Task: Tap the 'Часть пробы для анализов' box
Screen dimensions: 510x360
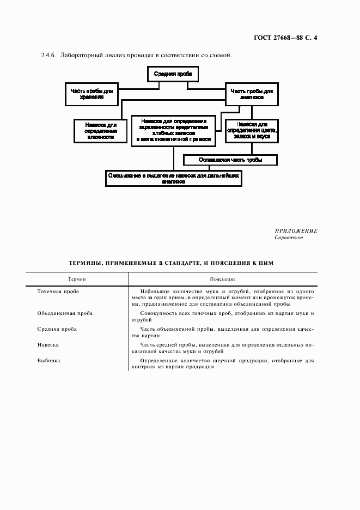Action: [251, 93]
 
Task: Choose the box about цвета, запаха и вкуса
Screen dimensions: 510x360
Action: [252, 131]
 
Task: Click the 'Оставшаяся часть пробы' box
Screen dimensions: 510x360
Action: [230, 160]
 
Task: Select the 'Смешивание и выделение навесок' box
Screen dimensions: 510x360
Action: [174, 179]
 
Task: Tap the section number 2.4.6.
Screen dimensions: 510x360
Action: [49, 56]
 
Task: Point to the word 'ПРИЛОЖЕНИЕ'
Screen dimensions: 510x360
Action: [296, 231]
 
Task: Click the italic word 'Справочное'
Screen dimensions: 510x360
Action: [289, 238]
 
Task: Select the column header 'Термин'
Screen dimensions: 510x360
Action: [77, 279]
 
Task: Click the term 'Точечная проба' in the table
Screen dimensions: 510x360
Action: [58, 292]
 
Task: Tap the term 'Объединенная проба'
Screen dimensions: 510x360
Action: [65, 313]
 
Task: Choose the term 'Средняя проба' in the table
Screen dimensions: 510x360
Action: [57, 329]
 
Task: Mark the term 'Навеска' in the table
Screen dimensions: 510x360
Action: [48, 345]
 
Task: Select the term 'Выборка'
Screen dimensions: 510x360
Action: [48, 361]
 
